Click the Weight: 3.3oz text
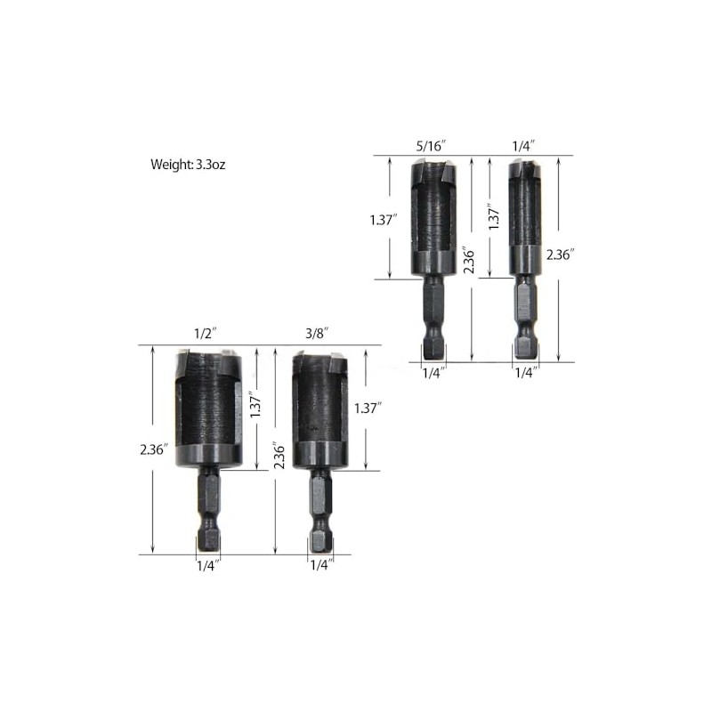(x=188, y=165)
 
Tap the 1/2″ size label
(x=205, y=334)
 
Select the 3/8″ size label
(x=317, y=334)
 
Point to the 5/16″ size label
(x=432, y=146)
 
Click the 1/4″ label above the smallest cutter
(x=523, y=146)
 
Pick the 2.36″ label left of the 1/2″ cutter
(x=154, y=449)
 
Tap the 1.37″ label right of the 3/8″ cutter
(x=368, y=409)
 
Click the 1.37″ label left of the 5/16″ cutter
(x=384, y=220)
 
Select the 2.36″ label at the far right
(x=561, y=255)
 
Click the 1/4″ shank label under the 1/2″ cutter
(x=208, y=566)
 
